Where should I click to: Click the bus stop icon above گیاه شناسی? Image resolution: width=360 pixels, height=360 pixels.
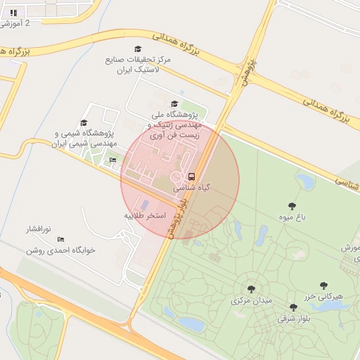(191, 176)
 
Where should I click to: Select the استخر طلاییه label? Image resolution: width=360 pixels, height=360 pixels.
(145, 215)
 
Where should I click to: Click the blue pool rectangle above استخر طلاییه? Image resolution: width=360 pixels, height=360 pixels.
(146, 205)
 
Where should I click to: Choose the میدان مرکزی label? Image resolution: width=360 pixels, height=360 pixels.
(251, 300)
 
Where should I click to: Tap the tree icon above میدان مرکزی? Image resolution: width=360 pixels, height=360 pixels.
(251, 288)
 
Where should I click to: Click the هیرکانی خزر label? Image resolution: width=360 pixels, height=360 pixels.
(324, 297)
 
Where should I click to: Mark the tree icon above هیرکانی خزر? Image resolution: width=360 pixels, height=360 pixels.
(324, 285)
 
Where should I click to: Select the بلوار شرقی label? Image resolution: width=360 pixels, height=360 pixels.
(293, 319)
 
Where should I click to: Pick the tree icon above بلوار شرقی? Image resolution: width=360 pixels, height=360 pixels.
(293, 307)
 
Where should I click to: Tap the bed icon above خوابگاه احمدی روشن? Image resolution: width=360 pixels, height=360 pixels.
(60, 239)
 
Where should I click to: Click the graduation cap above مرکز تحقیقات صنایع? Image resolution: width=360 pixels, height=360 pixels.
(138, 49)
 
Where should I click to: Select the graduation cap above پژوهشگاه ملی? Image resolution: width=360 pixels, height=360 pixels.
(175, 104)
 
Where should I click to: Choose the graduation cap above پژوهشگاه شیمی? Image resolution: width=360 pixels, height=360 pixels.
(84, 123)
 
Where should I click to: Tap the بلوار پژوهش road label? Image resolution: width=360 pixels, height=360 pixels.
(176, 218)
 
